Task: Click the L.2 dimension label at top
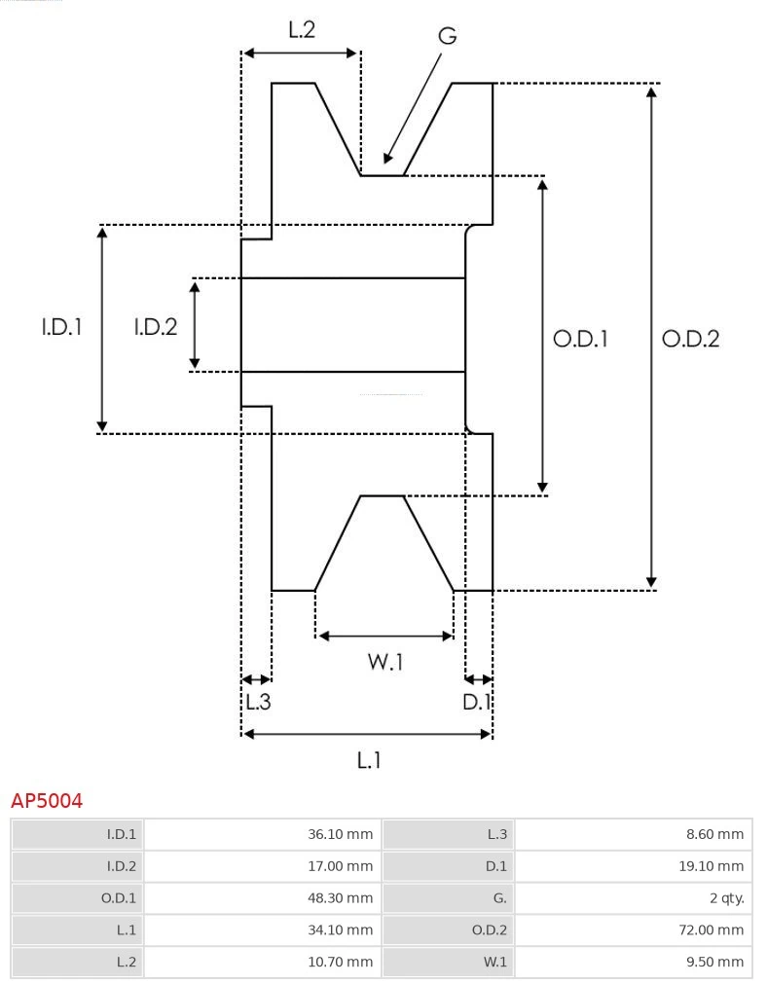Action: pyautogui.click(x=302, y=30)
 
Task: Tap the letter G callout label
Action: pyautogui.click(x=447, y=36)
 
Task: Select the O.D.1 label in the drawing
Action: pyautogui.click(x=580, y=339)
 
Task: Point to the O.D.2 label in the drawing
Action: pyautogui.click(x=690, y=339)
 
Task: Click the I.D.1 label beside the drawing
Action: pyautogui.click(x=61, y=328)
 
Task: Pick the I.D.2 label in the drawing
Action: pyautogui.click(x=155, y=328)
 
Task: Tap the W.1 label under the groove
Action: pyautogui.click(x=384, y=663)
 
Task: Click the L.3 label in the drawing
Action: pyautogui.click(x=257, y=702)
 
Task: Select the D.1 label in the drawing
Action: pyautogui.click(x=477, y=702)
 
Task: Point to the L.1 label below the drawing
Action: pyautogui.click(x=368, y=760)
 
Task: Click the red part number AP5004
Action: pyautogui.click(x=47, y=801)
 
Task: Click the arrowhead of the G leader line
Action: pyautogui.click(x=387, y=159)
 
